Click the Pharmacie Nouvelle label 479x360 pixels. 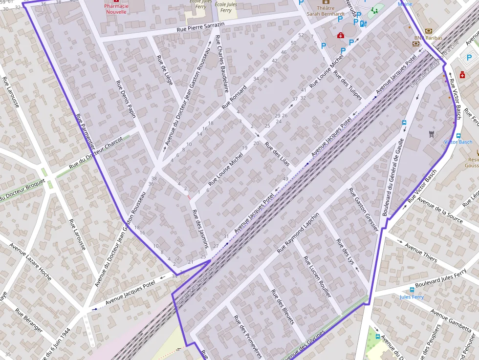pos(116,9)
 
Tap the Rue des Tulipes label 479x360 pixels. pos(348,85)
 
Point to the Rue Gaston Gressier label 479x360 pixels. pos(364,209)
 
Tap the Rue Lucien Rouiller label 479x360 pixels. pos(317,276)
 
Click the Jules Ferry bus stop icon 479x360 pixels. pos(412,289)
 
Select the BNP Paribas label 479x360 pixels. pos(428,38)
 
